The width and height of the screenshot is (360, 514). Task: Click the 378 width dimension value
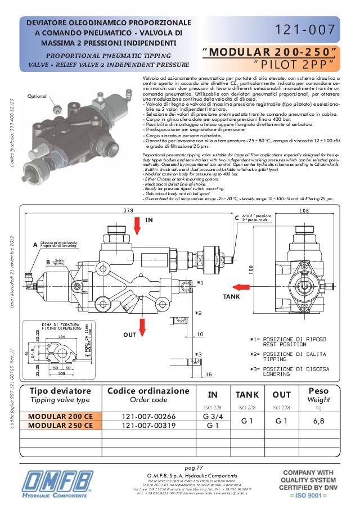[129, 211]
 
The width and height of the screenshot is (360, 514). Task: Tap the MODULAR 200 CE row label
[61, 417]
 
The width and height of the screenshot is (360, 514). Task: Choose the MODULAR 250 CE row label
[61, 426]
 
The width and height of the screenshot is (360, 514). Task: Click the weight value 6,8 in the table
[319, 421]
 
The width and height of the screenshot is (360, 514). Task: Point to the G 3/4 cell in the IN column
[213, 417]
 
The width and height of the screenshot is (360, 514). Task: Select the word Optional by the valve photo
[37, 96]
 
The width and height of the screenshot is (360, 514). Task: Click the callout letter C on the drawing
[237, 218]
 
